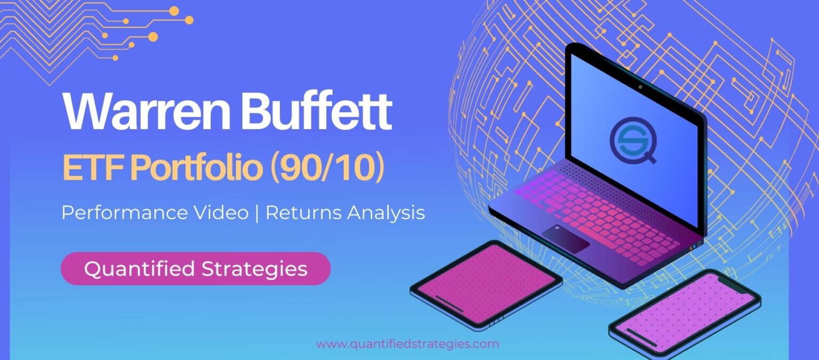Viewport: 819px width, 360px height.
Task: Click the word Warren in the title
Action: click(146, 111)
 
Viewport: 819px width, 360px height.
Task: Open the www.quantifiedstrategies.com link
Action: click(408, 344)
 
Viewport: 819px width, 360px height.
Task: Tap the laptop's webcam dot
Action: click(640, 87)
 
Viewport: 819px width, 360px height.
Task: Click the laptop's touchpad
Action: click(566, 239)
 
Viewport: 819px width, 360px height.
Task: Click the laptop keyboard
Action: click(600, 217)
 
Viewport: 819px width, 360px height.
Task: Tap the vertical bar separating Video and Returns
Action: click(258, 213)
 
